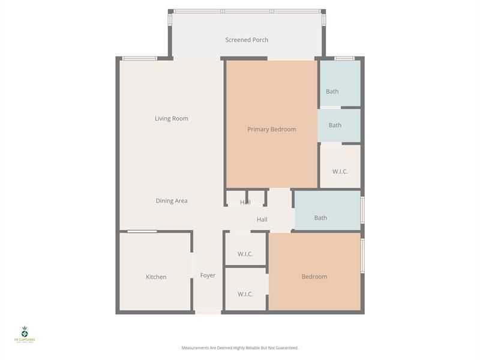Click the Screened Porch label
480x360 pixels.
247,40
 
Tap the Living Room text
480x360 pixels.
172,118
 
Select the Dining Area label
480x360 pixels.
172,201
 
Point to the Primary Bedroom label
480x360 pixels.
271,129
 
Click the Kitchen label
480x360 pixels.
156,277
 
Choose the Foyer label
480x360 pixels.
208,275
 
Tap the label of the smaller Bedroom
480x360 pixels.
314,277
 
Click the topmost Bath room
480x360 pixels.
332,91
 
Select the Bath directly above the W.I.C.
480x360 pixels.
335,125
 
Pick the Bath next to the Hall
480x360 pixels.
320,218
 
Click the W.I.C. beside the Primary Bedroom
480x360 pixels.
340,172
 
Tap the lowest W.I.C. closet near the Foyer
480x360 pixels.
245,294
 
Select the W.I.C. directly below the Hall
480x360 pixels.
245,254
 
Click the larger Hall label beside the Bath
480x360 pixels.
262,220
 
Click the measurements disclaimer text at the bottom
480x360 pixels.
240,347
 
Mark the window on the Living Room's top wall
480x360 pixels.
139,58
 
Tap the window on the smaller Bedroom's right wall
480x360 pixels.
362,256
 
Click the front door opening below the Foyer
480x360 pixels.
208,312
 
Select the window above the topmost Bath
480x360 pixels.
344,58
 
